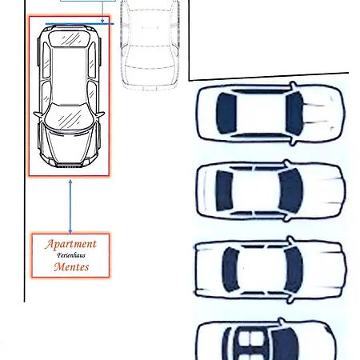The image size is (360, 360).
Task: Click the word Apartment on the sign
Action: click(x=70, y=244)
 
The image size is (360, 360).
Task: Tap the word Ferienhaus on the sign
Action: click(x=71, y=255)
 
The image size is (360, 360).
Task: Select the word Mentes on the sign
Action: click(x=71, y=266)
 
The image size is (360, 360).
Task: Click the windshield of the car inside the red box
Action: click(x=69, y=116)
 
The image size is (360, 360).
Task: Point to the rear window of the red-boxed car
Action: click(x=69, y=38)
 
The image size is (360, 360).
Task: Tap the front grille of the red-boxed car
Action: click(x=70, y=165)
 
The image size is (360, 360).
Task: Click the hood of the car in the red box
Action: click(x=70, y=146)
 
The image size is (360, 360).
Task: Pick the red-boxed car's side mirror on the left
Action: click(x=38, y=114)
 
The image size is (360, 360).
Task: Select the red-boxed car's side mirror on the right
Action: click(x=101, y=114)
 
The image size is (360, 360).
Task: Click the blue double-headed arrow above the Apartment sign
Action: click(x=70, y=206)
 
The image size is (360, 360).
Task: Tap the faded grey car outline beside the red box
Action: click(x=150, y=46)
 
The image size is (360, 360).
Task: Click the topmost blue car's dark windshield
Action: click(x=294, y=114)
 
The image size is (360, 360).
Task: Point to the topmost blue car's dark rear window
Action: click(x=226, y=113)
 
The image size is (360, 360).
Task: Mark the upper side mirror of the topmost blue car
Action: click(x=293, y=86)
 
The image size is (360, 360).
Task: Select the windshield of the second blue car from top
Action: click(x=290, y=191)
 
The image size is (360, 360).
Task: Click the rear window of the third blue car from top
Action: click(x=230, y=269)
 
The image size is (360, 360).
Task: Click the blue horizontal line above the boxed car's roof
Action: click(x=80, y=24)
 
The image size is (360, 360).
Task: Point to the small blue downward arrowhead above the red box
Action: click(x=102, y=21)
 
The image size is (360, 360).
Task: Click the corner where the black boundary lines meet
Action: click(x=189, y=80)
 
